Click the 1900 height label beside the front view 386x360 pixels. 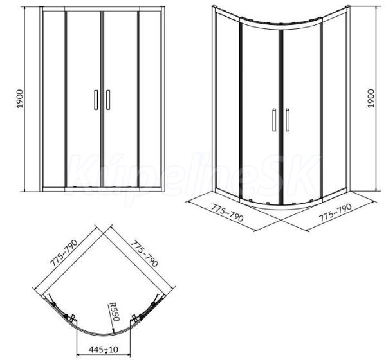pos(20,98)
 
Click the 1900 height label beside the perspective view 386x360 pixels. pos(371,98)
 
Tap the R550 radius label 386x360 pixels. pos(115,312)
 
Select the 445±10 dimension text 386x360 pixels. pos(104,349)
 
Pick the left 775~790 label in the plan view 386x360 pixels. pos(64,253)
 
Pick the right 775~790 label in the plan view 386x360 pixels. pos(144,254)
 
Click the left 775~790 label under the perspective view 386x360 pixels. pos(227,214)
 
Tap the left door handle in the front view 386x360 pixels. pos(96,100)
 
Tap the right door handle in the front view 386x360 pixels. pos(108,100)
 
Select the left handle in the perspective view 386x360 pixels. pos(274,120)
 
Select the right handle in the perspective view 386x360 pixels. pos(288,120)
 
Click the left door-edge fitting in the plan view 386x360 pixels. pos(71,318)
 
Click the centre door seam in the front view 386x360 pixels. pos(102,99)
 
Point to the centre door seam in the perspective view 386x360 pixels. pos(281,117)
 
